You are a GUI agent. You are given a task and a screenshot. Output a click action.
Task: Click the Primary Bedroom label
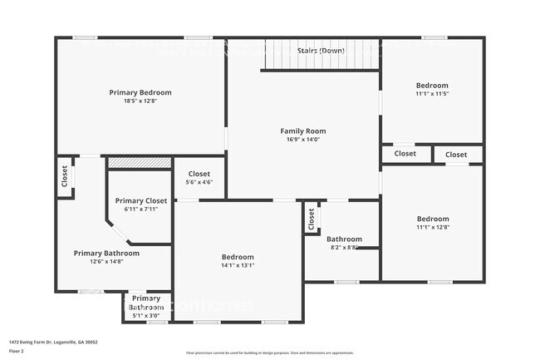coord(140,92)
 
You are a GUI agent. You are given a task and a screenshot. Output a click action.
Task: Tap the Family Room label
coord(302,131)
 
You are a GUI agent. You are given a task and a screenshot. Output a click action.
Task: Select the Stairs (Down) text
coord(321,51)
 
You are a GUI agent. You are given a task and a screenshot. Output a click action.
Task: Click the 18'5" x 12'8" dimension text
coord(140,101)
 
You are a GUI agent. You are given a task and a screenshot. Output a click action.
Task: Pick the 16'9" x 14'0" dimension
coord(302,140)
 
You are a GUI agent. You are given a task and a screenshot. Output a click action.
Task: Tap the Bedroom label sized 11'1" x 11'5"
coord(432,86)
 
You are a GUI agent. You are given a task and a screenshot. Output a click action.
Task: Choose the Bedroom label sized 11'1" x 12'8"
coord(432,219)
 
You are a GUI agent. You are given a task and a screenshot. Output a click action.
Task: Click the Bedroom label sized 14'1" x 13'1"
coord(238,257)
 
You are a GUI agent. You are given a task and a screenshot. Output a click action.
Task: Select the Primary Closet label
coord(141,200)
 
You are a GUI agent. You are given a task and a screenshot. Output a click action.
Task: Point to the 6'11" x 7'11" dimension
coord(141,209)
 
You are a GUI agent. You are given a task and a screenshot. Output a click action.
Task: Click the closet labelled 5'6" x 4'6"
coord(199,174)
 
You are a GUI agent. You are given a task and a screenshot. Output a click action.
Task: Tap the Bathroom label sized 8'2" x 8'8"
coord(344,239)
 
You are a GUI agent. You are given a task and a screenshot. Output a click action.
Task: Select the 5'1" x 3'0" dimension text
coord(146,315)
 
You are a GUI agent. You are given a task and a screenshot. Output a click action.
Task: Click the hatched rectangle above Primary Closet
coord(140,162)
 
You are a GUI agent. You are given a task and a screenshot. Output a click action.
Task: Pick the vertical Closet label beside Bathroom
coord(312,218)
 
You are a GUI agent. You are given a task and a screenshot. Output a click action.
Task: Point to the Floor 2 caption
coord(17,351)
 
